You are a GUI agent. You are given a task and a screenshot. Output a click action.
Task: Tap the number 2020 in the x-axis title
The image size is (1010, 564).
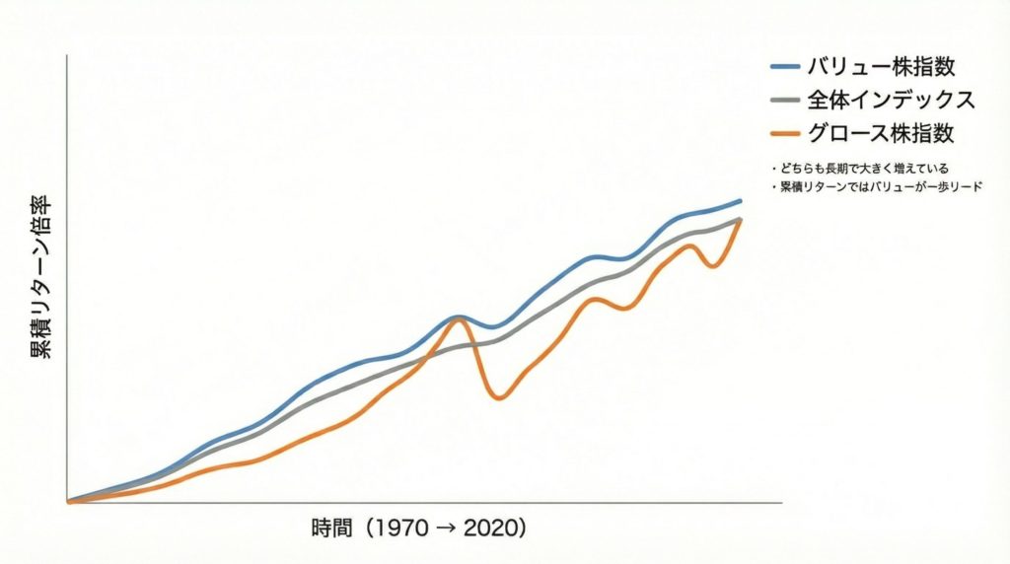(487, 528)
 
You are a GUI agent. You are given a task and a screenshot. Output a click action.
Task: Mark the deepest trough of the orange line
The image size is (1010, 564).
(499, 398)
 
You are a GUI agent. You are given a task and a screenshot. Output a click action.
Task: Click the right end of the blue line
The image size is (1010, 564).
(741, 200)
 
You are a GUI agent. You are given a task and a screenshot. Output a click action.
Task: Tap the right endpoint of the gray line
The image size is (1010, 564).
(741, 219)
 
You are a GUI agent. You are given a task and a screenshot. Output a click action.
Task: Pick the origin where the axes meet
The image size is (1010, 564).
(67, 502)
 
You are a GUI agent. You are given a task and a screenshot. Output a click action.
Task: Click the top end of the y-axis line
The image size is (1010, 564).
(67, 56)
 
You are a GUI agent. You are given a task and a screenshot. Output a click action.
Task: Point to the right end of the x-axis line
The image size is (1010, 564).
(781, 502)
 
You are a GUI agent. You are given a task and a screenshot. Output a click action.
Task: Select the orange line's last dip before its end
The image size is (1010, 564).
(712, 267)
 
